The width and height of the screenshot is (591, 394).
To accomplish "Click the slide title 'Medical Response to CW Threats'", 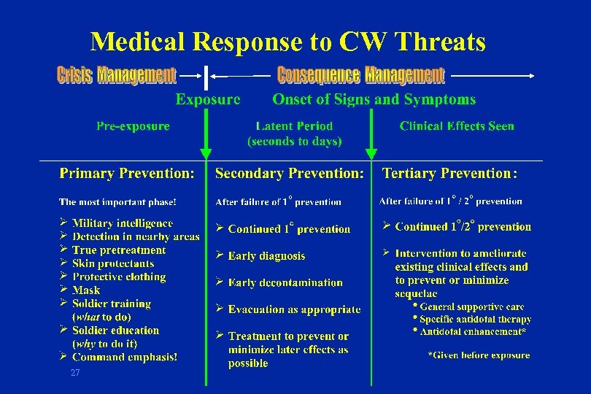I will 287,42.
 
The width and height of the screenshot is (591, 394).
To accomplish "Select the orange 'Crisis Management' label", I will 116,75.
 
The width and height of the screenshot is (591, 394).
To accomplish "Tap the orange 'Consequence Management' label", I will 360,75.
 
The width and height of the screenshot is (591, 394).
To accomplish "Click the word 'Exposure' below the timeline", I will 208,99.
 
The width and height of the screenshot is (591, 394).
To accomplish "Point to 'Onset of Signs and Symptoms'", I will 374,99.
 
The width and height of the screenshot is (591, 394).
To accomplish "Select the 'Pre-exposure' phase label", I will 133,126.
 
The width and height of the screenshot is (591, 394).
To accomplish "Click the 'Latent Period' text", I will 294,126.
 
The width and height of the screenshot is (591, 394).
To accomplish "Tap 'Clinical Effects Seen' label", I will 457,126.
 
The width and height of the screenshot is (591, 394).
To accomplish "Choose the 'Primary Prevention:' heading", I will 127,174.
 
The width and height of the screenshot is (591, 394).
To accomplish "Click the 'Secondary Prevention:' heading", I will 290,174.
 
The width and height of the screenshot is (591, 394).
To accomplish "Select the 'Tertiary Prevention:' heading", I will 450,174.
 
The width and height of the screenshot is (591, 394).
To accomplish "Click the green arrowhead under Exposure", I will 206,153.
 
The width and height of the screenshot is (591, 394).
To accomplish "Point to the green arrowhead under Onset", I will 371,153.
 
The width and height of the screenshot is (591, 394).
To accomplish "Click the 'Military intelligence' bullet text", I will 123,223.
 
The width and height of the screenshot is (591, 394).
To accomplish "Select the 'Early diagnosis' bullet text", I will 266,256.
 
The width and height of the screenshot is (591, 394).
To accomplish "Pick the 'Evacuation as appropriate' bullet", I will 294,309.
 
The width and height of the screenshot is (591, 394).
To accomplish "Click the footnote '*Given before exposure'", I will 479,355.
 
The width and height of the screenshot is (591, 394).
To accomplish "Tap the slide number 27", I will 74,373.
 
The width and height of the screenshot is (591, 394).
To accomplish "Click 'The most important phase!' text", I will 117,202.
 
